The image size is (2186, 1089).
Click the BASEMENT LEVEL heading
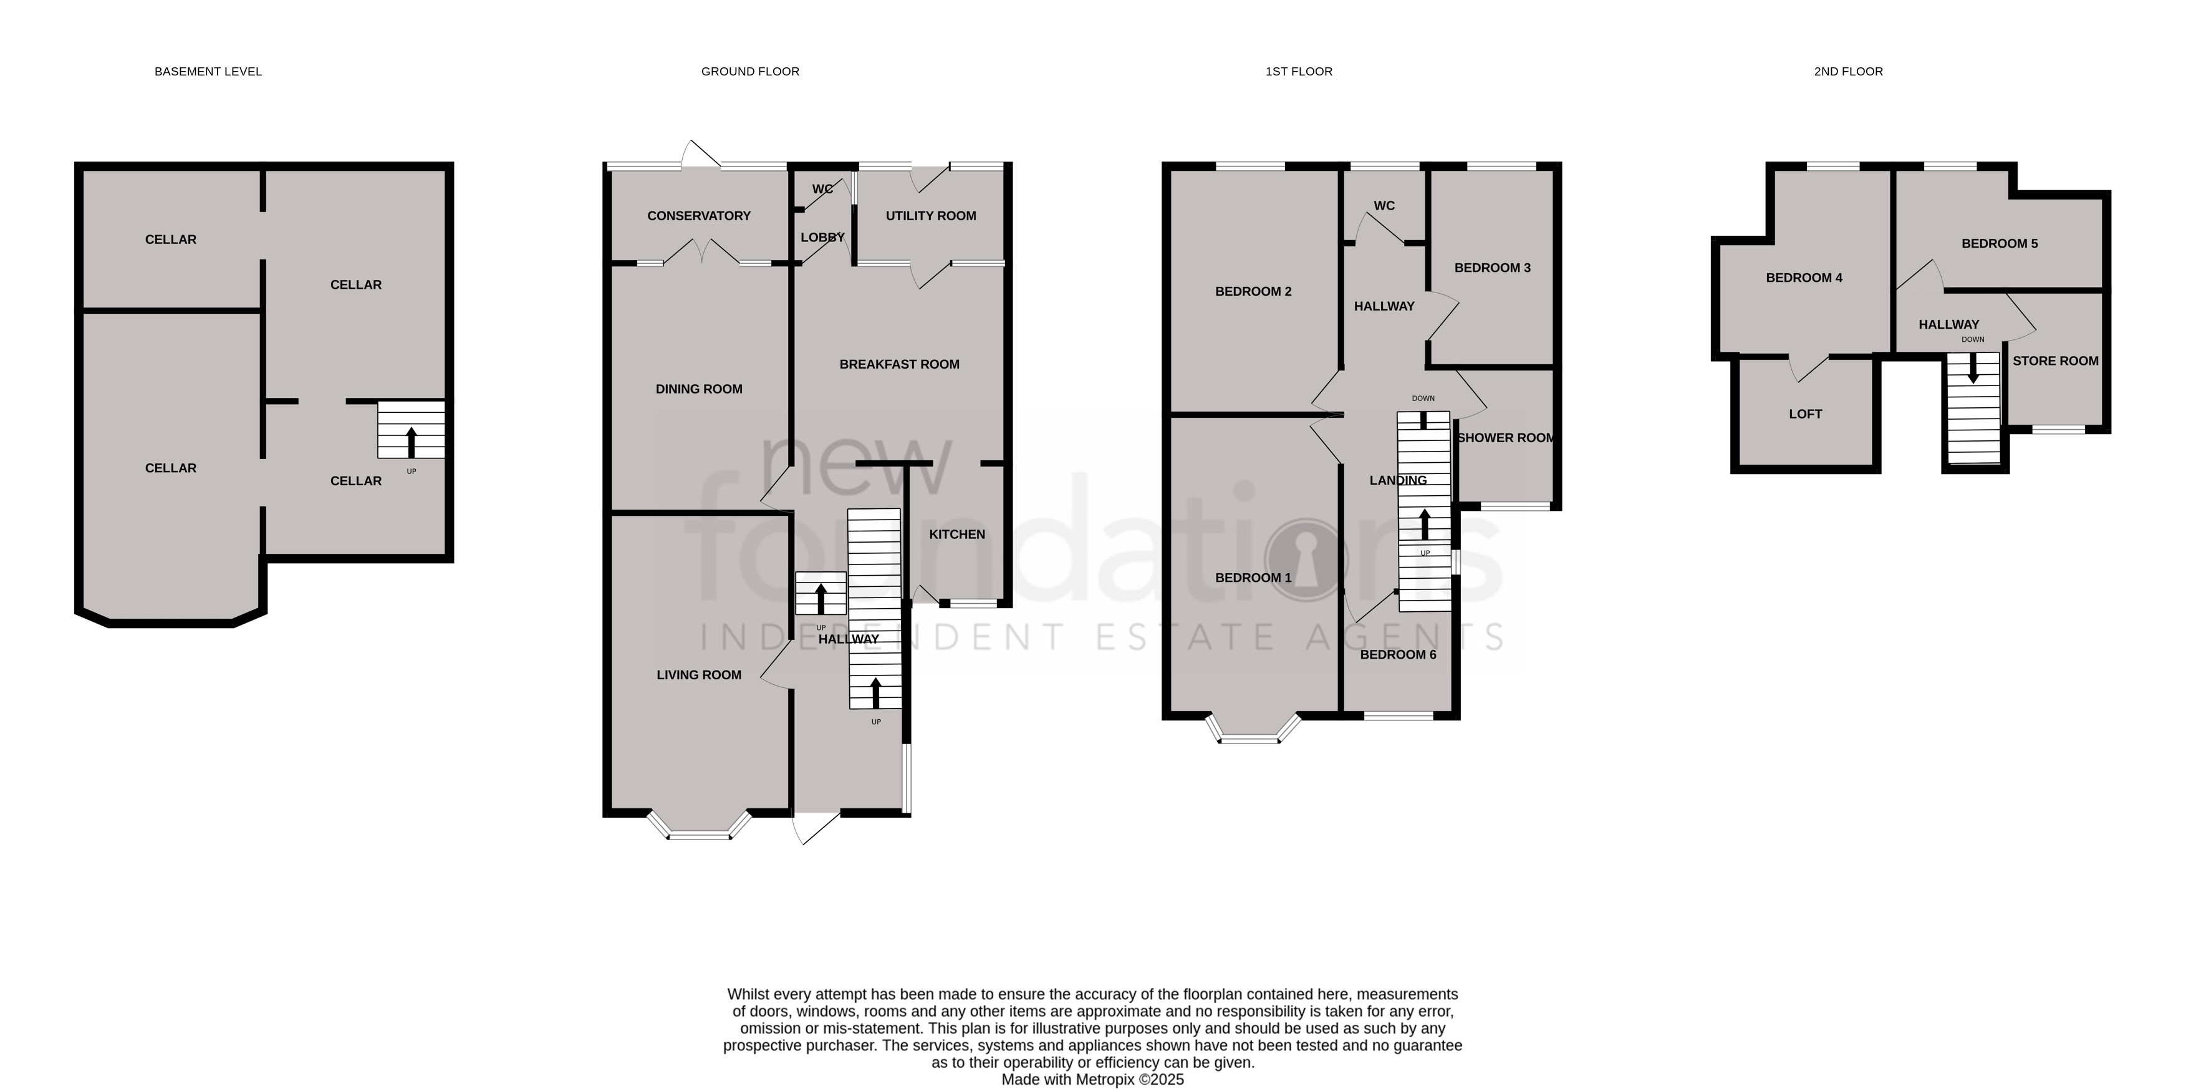[x=208, y=71]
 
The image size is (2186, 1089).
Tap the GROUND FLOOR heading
[x=750, y=71]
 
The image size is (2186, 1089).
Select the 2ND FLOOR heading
[x=1848, y=71]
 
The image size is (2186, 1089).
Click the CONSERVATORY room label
[x=698, y=216]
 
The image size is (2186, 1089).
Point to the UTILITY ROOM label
[x=931, y=216]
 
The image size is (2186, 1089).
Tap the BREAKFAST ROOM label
[x=900, y=364]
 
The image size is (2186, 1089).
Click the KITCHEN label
[x=957, y=534]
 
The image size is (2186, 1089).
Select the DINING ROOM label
[x=698, y=389]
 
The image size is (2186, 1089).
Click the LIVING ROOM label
[x=698, y=675]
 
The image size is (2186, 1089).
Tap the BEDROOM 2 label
[x=1253, y=291]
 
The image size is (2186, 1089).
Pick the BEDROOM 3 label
[x=1493, y=268]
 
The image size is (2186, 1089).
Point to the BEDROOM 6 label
[x=1399, y=654]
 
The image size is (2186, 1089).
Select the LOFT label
[x=1805, y=414]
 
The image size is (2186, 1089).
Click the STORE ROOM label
[x=2055, y=361]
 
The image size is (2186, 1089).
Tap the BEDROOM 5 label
[x=2000, y=244]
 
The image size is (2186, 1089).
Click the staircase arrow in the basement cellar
[x=412, y=442]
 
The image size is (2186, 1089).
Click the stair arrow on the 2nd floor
[x=1973, y=367]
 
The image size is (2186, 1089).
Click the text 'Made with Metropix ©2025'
[x=1092, y=1080]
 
